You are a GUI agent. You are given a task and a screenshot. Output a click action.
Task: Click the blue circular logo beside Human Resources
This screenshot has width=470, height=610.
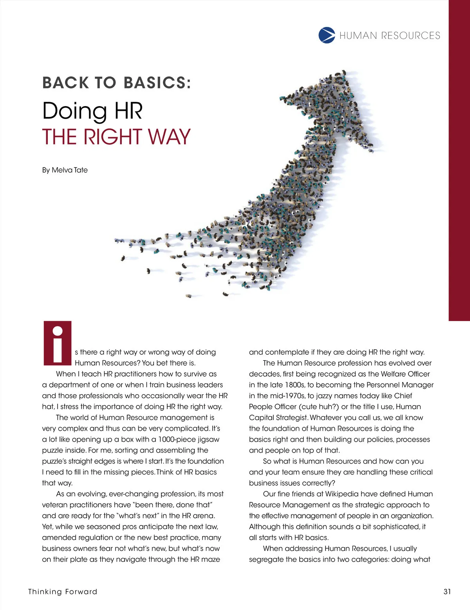tap(327, 35)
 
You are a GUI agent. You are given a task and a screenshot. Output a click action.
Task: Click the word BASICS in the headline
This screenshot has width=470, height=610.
tap(157, 83)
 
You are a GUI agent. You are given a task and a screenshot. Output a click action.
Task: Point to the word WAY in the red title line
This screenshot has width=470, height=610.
tap(169, 137)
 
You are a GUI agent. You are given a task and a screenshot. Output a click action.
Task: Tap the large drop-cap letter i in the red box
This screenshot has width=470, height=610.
tap(58, 343)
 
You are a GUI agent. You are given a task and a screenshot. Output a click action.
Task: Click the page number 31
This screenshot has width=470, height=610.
tap(447, 591)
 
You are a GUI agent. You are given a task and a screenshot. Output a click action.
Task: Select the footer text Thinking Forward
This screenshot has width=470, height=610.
tap(63, 591)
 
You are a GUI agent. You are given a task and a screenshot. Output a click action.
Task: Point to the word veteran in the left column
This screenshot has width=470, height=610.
tap(55, 505)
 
